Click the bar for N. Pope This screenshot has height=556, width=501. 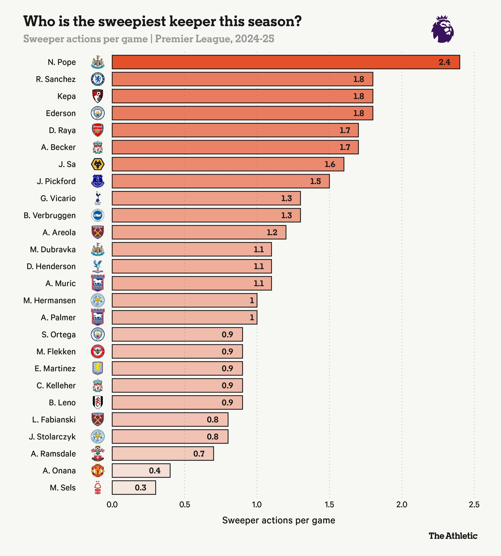pyautogui.click(x=286, y=62)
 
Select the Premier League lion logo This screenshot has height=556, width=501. pyautogui.click(x=442, y=29)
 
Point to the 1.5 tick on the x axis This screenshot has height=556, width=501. pyautogui.click(x=329, y=505)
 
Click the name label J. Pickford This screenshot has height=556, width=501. pyautogui.click(x=56, y=181)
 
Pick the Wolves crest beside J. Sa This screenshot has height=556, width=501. pyautogui.click(x=98, y=164)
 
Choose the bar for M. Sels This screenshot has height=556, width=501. pyautogui.click(x=134, y=488)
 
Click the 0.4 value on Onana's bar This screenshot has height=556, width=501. pyautogui.click(x=155, y=471)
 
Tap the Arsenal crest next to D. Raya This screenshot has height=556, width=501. pyautogui.click(x=98, y=130)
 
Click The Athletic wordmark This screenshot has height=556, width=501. pyautogui.click(x=453, y=536)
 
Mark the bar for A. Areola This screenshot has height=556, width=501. pyautogui.click(x=199, y=232)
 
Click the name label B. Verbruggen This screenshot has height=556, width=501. pyautogui.click(x=50, y=216)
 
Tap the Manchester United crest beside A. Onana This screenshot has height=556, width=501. pyautogui.click(x=98, y=471)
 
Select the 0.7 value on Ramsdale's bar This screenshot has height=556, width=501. pyautogui.click(x=199, y=454)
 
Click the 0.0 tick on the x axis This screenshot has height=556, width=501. pyautogui.click(x=112, y=505)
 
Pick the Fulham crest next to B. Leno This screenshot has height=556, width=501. pyautogui.click(x=98, y=403)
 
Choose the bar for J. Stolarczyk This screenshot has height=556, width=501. pyautogui.click(x=170, y=437)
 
